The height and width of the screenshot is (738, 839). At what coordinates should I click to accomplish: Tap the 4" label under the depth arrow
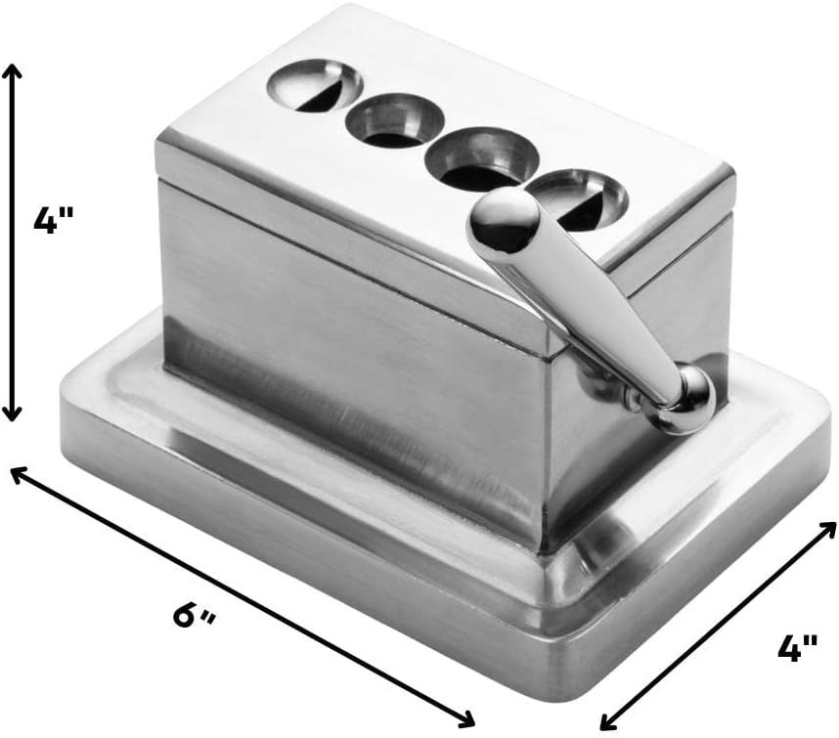797,648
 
